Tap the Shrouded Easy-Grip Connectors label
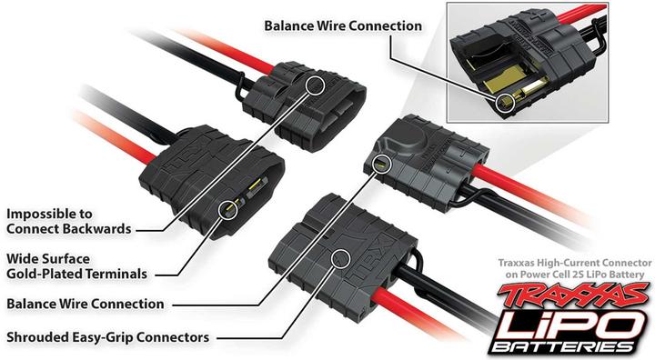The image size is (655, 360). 108,337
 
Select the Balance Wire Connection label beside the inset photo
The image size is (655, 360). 343,25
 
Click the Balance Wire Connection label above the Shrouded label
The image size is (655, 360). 86,304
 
